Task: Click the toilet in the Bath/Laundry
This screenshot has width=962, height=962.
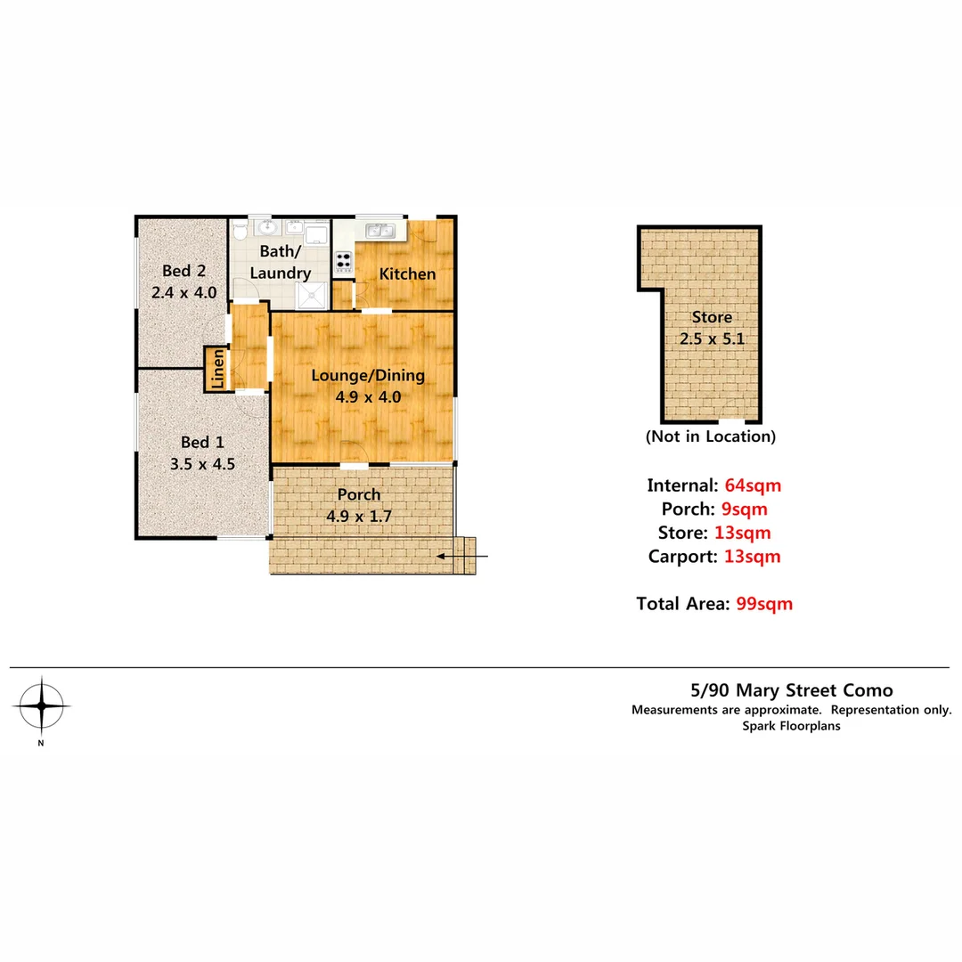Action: (x=238, y=232)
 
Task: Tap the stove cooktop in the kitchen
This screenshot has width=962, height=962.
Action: (x=343, y=262)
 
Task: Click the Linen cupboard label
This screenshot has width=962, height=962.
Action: (x=217, y=369)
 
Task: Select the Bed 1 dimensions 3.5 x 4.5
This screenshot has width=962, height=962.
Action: (x=201, y=463)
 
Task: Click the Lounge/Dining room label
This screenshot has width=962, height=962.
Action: (x=367, y=376)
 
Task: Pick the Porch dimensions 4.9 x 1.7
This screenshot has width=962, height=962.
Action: (x=359, y=515)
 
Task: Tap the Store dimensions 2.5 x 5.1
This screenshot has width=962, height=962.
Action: (x=712, y=338)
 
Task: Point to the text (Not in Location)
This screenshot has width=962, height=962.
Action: (x=711, y=436)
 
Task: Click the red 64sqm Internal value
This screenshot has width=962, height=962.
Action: (x=753, y=485)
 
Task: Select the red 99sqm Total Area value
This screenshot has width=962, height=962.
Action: (x=764, y=603)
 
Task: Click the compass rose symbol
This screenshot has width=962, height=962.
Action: (x=41, y=705)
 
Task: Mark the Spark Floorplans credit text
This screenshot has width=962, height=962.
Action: (x=791, y=726)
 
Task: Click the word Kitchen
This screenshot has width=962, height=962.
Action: (x=407, y=273)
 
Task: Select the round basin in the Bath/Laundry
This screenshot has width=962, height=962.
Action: (x=266, y=231)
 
